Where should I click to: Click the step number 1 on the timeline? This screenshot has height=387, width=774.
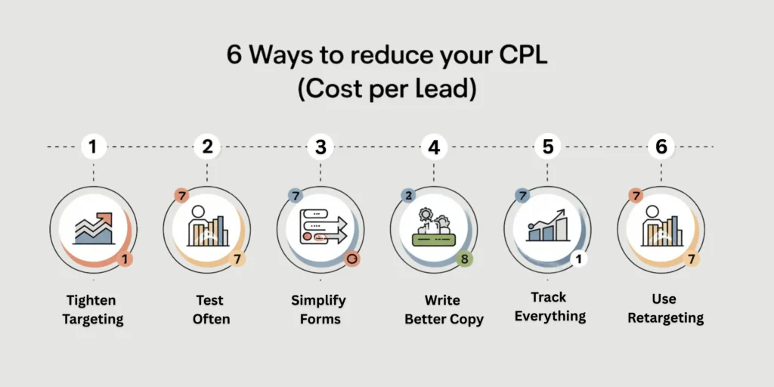coord(93,147)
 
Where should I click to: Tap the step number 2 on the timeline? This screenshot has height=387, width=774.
coord(206,147)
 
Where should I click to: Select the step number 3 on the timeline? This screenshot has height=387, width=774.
coord(320,147)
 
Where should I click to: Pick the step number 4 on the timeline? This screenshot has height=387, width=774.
coord(434,147)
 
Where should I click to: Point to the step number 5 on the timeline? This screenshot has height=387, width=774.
coord(548,147)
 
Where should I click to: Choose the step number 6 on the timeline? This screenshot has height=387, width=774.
coord(661,147)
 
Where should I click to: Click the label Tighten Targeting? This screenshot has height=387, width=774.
coord(93,310)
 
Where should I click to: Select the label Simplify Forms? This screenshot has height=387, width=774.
coord(319,310)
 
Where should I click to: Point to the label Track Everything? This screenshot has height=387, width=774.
coord(550,306)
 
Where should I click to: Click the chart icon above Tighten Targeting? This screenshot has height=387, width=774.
coord(94,229)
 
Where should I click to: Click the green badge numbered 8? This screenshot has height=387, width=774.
coord(466,259)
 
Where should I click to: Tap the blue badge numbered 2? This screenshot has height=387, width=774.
coord(408,196)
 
